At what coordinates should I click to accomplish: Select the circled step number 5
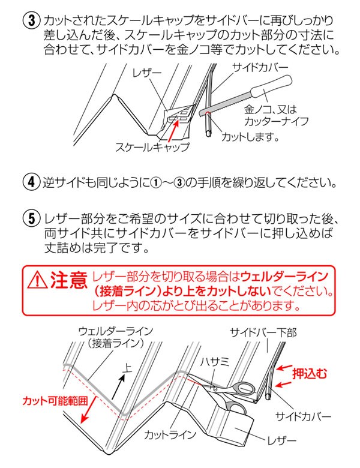tap(30, 217)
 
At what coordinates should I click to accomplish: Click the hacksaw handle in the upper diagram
tap(273, 89)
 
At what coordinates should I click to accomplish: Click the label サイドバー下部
tap(264, 332)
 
